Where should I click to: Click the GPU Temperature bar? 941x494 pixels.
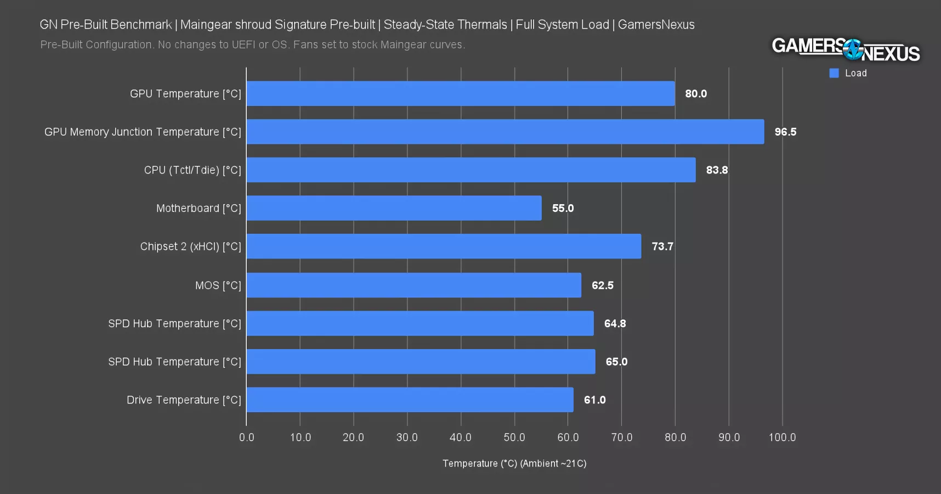pyautogui.click(x=461, y=94)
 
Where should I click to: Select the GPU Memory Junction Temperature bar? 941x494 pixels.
pyautogui.click(x=505, y=132)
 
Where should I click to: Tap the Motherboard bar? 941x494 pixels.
pyautogui.click(x=394, y=208)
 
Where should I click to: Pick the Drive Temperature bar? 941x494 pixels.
pyautogui.click(x=410, y=400)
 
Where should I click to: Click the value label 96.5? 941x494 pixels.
pyautogui.click(x=785, y=132)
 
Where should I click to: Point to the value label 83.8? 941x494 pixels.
pyautogui.click(x=717, y=170)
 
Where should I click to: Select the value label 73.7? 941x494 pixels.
pyautogui.click(x=662, y=246)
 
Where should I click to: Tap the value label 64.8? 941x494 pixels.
pyautogui.click(x=615, y=324)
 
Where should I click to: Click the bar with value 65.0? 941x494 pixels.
pyautogui.click(x=421, y=362)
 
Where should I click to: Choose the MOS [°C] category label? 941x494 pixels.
pyautogui.click(x=218, y=285)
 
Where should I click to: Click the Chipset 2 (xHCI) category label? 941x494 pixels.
pyautogui.click(x=190, y=246)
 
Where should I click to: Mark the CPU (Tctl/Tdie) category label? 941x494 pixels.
pyautogui.click(x=192, y=170)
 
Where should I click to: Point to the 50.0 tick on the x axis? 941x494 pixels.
pyautogui.click(x=514, y=437)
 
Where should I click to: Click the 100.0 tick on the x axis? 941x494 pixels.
pyautogui.click(x=782, y=437)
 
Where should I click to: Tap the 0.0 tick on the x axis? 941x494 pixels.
pyautogui.click(x=247, y=437)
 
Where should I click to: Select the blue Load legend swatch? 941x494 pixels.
pyautogui.click(x=834, y=73)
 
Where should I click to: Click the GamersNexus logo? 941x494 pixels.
pyautogui.click(x=846, y=49)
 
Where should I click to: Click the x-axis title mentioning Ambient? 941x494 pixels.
pyautogui.click(x=514, y=464)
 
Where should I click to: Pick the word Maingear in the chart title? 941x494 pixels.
pyautogui.click(x=203, y=25)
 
